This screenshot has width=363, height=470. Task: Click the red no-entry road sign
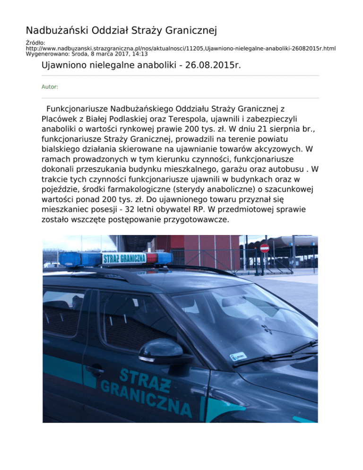click(x=265, y=248)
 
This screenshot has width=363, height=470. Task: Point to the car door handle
click(x=94, y=368)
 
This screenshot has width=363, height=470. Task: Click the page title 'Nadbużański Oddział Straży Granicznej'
click(x=121, y=31)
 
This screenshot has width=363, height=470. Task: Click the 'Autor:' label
click(x=50, y=87)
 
